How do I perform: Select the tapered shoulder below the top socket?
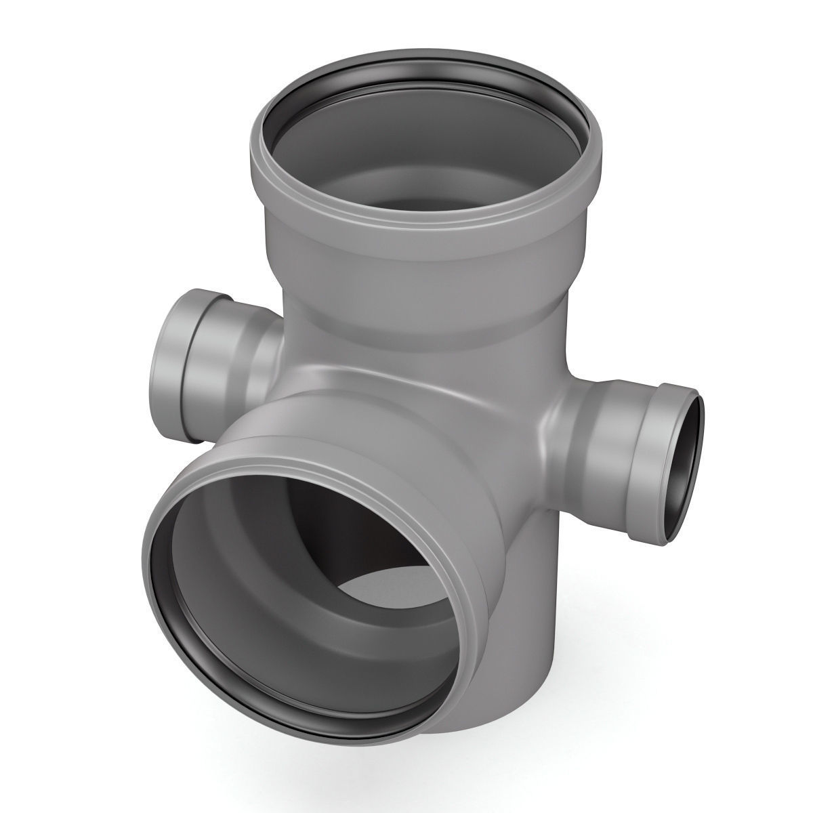click(420, 298)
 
